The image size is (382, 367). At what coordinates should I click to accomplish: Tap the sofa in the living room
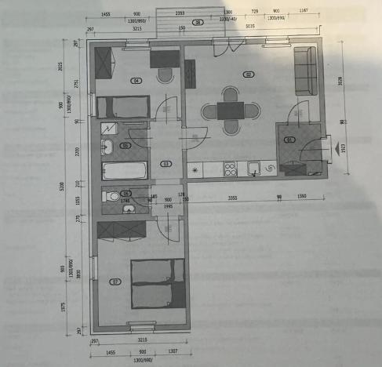coord(305,71)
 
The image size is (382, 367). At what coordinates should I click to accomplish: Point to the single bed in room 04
coord(122,106)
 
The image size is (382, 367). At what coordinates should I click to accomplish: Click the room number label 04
coord(136,80)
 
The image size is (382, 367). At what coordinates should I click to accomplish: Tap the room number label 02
coord(248,75)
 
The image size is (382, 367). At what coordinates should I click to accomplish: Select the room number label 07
coord(116,282)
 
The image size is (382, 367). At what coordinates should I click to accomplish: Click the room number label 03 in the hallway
coord(166,164)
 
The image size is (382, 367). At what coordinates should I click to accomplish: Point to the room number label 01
coord(289,140)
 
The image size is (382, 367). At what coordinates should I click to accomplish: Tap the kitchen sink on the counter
coord(254,168)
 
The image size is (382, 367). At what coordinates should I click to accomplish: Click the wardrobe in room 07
coord(121,229)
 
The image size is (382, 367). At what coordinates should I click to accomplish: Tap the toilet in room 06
coord(111,196)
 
